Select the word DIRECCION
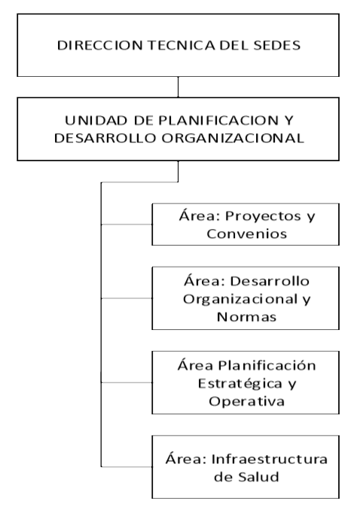100,45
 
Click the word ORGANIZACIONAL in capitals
233,138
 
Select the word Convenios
246,234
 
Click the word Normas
246,317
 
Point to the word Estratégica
240,383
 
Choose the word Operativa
246,402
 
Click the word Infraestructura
270,460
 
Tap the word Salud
258,477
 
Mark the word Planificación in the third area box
267,365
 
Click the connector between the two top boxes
178,87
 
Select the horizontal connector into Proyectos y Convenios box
127,224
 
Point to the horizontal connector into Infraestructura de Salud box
127,466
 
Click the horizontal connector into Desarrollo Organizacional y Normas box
127,298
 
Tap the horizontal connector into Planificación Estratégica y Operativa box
127,382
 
